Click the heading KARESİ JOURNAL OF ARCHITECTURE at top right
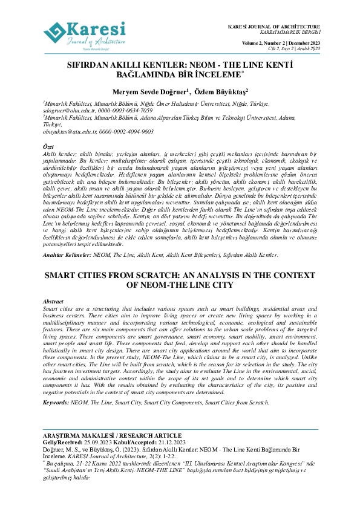point(273,28)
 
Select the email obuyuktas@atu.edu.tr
point(69,131)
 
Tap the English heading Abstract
point(53,301)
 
